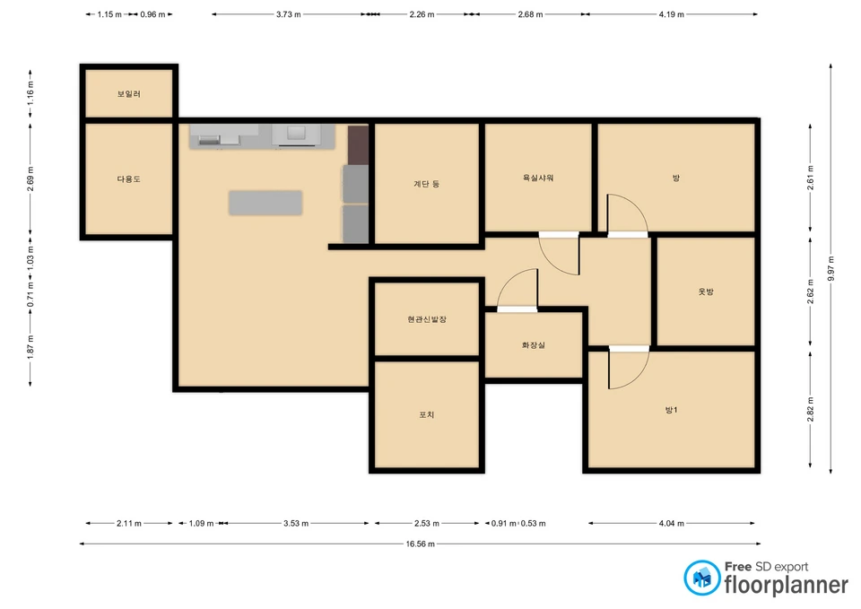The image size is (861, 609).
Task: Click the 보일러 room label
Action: [129, 94]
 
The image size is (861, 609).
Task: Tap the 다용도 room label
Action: [129, 179]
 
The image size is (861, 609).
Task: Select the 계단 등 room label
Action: [427, 184]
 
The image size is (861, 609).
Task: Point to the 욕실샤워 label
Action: [538, 178]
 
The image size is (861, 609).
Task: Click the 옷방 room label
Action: [706, 291]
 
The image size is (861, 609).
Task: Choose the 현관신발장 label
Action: [427, 319]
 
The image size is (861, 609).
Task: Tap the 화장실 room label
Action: [534, 345]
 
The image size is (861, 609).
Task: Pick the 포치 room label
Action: [427, 414]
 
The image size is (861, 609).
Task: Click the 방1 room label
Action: [672, 410]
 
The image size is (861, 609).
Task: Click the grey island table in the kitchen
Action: [265, 203]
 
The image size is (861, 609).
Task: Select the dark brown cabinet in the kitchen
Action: [358, 145]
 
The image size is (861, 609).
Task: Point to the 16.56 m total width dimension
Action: [420, 544]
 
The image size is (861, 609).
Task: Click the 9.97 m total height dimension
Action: [831, 268]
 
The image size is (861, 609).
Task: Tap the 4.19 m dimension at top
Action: [672, 14]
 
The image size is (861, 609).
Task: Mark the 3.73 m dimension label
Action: [288, 14]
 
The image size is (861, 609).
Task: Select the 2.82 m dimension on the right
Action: [811, 410]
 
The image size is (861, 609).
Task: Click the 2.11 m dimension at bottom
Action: [129, 523]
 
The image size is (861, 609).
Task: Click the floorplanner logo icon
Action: [702, 578]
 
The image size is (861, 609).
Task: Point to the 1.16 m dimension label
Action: [30, 92]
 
